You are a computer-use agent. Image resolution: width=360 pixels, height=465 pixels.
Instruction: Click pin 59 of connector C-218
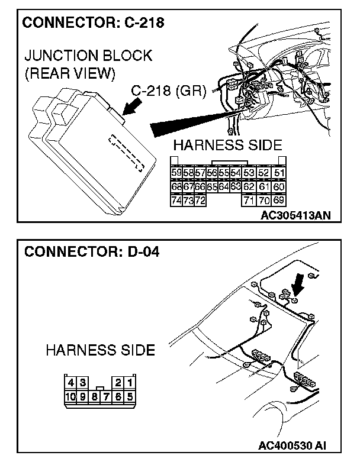pyautogui.click(x=176, y=173)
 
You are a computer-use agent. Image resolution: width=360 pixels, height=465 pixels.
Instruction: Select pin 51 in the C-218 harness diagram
pyautogui.click(x=279, y=173)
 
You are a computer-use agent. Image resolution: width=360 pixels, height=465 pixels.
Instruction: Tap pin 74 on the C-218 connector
pyautogui.click(x=176, y=200)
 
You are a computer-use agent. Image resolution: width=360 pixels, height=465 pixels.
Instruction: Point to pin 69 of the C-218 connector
pyautogui.click(x=279, y=200)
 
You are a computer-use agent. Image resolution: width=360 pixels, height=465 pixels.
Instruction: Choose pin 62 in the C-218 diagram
pyautogui.click(x=249, y=186)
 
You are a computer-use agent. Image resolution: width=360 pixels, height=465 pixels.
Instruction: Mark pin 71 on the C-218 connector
pyautogui.click(x=249, y=200)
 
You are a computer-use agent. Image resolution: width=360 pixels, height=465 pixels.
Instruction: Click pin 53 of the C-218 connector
pyautogui.click(x=249, y=173)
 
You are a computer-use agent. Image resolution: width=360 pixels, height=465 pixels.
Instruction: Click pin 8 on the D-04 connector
pyautogui.click(x=95, y=396)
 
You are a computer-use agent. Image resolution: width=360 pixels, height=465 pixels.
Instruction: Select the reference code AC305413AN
pyautogui.click(x=295, y=215)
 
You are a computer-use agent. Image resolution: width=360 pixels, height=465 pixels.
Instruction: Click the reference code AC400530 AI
pyautogui.click(x=292, y=443)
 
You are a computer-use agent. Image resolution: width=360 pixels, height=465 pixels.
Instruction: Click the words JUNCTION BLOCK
pyautogui.click(x=88, y=56)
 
